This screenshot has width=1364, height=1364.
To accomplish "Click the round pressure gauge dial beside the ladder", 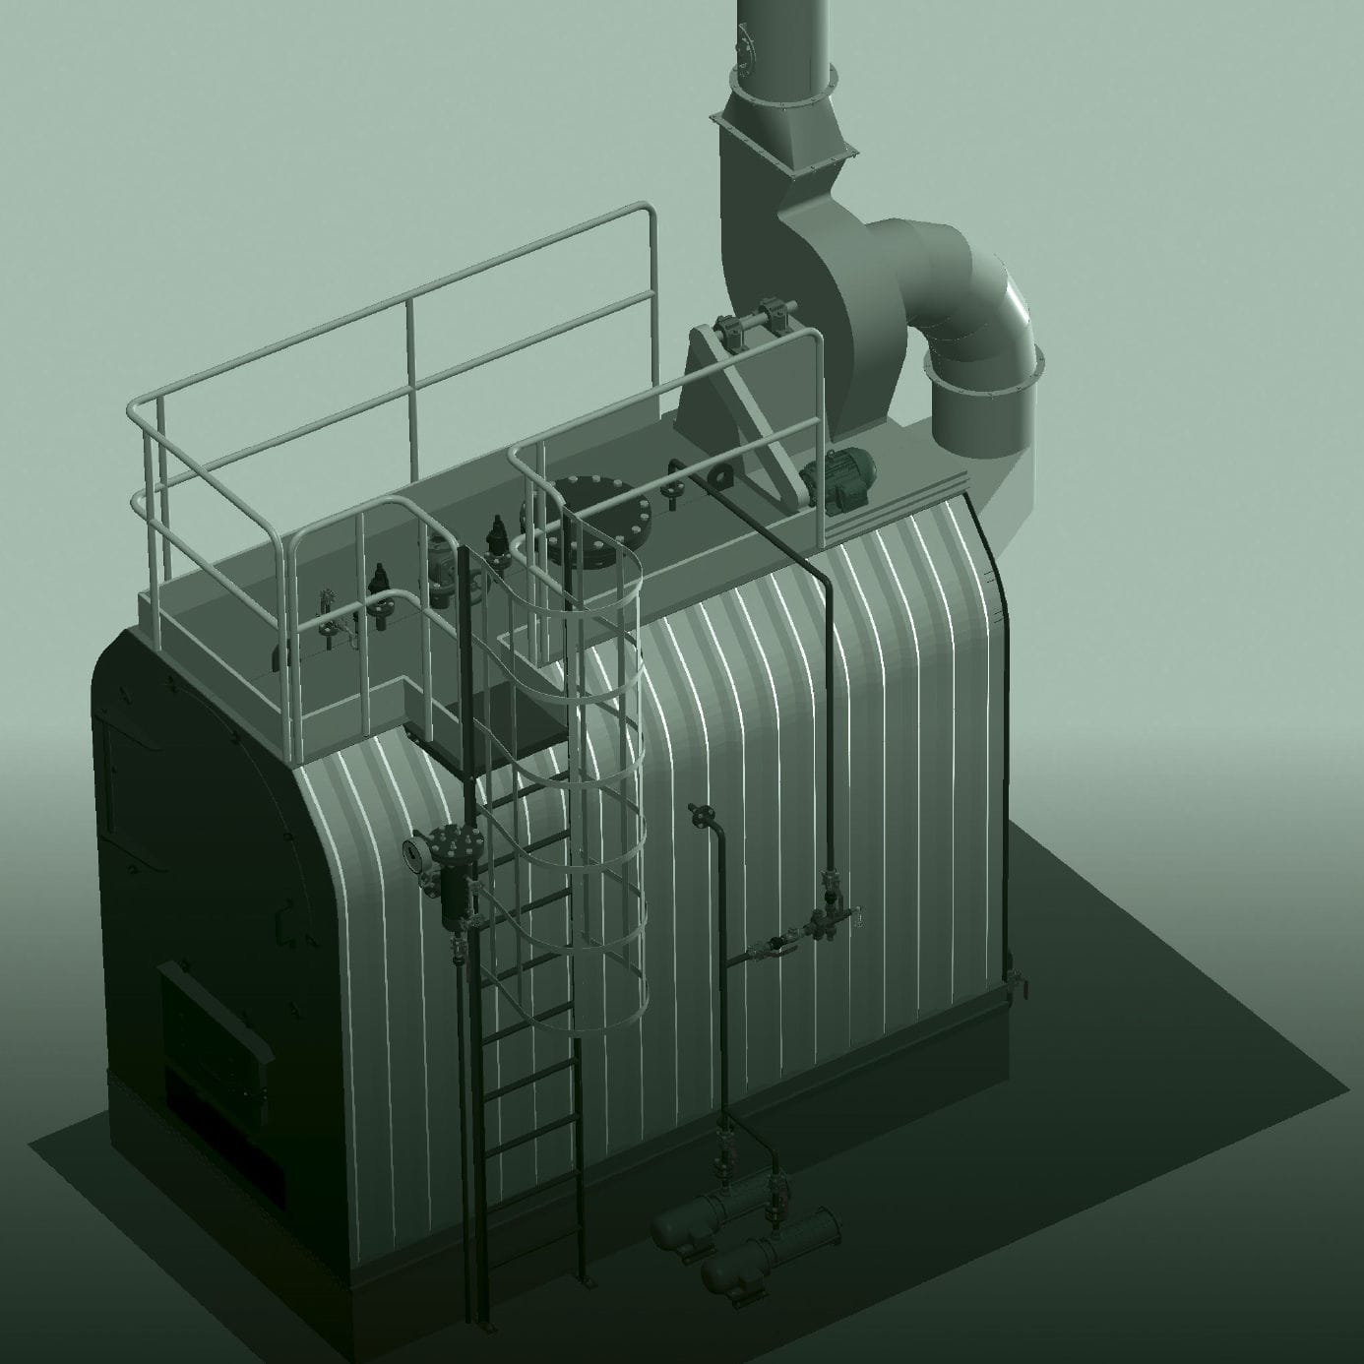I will point(416,851).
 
